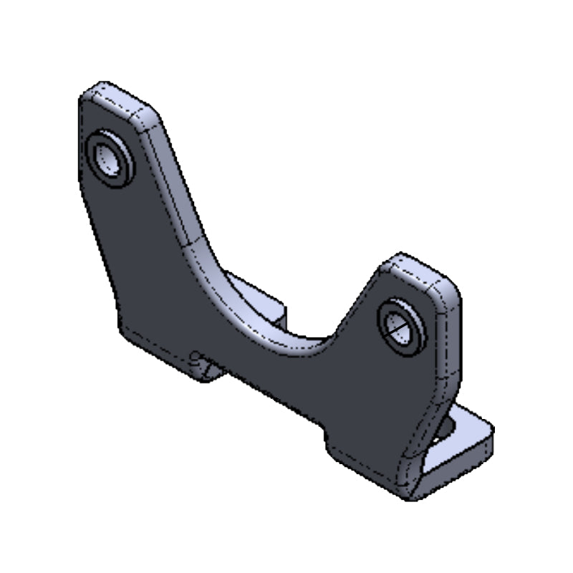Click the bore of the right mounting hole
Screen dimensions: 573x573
click(x=398, y=327)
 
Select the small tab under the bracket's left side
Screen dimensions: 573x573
click(x=208, y=370)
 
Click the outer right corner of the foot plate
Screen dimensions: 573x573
click(x=491, y=434)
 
